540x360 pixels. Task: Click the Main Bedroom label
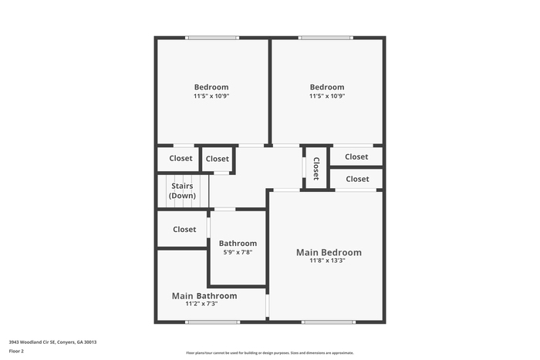click(329, 252)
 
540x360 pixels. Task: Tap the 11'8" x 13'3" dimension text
click(327, 261)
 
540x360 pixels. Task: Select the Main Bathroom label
click(204, 296)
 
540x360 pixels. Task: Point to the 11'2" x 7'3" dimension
click(201, 304)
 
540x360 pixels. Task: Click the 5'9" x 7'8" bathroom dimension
click(238, 252)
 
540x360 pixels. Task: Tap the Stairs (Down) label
click(182, 190)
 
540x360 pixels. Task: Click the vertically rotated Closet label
click(316, 169)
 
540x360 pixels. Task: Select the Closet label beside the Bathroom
click(184, 229)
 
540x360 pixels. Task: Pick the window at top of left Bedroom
click(212, 38)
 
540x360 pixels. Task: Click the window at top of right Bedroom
click(326, 38)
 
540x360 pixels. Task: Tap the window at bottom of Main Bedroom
click(329, 322)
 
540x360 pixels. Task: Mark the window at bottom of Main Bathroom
click(212, 322)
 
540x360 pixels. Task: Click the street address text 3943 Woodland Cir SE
click(32, 342)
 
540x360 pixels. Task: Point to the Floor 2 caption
click(16, 351)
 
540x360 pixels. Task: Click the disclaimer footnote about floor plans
click(270, 353)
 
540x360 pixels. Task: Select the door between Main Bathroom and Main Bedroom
click(267, 305)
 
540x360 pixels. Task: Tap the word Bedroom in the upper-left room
click(211, 87)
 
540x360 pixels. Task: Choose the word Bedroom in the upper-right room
click(327, 87)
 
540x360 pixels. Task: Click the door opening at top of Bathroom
click(225, 209)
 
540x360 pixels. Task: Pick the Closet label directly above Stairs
click(181, 158)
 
